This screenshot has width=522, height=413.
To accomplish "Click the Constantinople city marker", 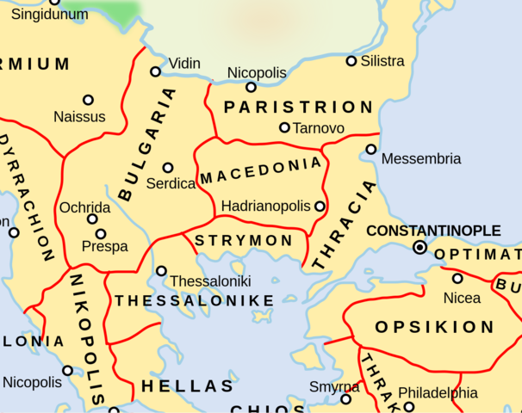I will (419, 247).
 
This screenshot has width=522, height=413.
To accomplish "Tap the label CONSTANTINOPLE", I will (433, 231).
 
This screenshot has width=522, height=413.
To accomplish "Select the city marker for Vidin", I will (156, 71).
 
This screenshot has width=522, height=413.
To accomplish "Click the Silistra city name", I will (382, 61).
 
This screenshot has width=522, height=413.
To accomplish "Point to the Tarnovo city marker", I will (284, 127).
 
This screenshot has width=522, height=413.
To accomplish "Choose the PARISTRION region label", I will (298, 108).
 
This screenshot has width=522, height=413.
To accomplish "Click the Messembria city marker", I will (371, 149).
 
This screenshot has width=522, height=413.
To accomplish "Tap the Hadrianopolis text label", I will (266, 206).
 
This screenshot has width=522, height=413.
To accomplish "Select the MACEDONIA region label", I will (261, 171).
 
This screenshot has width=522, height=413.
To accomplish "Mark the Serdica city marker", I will (168, 167).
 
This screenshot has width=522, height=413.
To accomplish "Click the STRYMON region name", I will (245, 241).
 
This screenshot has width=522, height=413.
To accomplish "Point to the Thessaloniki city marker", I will (161, 271).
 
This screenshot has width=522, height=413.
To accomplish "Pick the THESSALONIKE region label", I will (195, 300).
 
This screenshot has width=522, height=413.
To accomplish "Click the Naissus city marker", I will (88, 100).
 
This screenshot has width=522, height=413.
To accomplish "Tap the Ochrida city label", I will (84, 208).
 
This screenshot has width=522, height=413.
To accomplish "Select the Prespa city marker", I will (101, 233).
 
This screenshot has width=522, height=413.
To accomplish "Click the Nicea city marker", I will (457, 278).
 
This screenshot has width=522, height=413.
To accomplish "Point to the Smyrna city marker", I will (346, 398).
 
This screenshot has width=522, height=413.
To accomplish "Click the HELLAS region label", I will (188, 386).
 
